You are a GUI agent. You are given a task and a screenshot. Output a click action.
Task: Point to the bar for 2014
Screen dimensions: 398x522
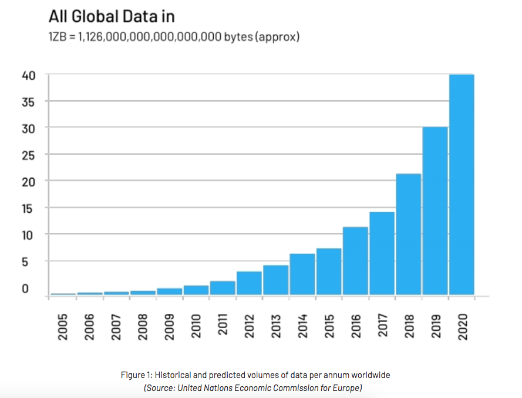click(302, 274)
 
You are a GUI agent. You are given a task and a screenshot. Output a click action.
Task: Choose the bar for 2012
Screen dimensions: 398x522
click(249, 283)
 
